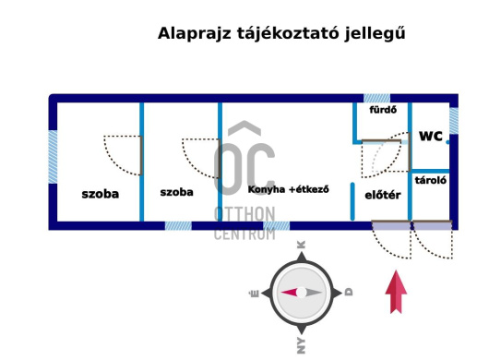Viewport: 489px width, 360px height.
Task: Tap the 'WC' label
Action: click(431, 137)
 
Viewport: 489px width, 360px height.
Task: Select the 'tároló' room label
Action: click(431, 181)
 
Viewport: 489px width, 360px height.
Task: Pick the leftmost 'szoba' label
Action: click(101, 194)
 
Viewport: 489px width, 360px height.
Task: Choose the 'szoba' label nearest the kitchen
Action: click(176, 193)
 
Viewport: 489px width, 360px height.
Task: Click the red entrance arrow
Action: click(396, 293)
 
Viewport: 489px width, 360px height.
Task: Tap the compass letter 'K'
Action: click(301, 246)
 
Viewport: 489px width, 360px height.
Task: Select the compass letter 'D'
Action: click(349, 292)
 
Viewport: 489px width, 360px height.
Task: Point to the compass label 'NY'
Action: click(301, 344)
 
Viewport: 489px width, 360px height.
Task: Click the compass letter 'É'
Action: click(255, 293)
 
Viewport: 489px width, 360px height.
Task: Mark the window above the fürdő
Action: click(376, 97)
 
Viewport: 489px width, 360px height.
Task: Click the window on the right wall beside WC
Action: click(453, 120)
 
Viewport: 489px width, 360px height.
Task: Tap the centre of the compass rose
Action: click(302, 292)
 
